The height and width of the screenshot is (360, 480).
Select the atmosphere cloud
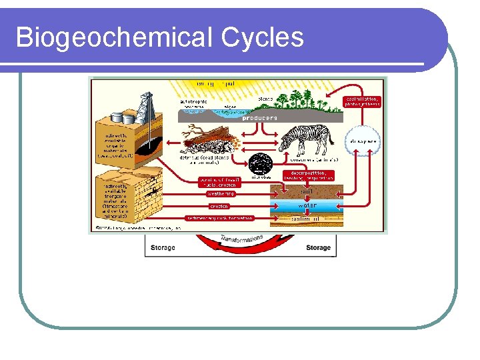(361, 141)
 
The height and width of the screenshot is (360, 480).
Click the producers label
(259, 118)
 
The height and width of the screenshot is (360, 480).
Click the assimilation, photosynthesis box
(363, 101)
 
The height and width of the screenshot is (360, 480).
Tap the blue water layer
(307, 205)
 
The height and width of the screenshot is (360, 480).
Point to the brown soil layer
(307, 192)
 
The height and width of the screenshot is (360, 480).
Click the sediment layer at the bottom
(307, 218)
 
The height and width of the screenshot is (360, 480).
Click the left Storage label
(163, 247)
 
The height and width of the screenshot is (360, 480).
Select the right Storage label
(318, 247)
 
